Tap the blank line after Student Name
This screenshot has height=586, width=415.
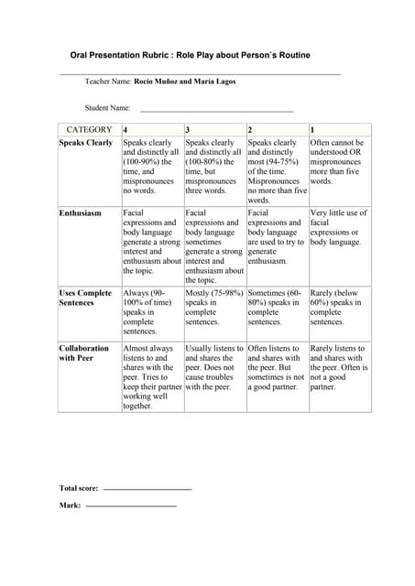pyautogui.click(x=216, y=109)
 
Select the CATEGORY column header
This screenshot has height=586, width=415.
pyautogui.click(x=89, y=130)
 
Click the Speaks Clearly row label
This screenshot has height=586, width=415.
pyautogui.click(x=86, y=144)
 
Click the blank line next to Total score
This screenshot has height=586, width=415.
pyautogui.click(x=147, y=489)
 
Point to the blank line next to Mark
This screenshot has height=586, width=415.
pyautogui.click(x=130, y=505)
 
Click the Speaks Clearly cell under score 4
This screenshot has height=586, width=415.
pyautogui.click(x=151, y=167)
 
